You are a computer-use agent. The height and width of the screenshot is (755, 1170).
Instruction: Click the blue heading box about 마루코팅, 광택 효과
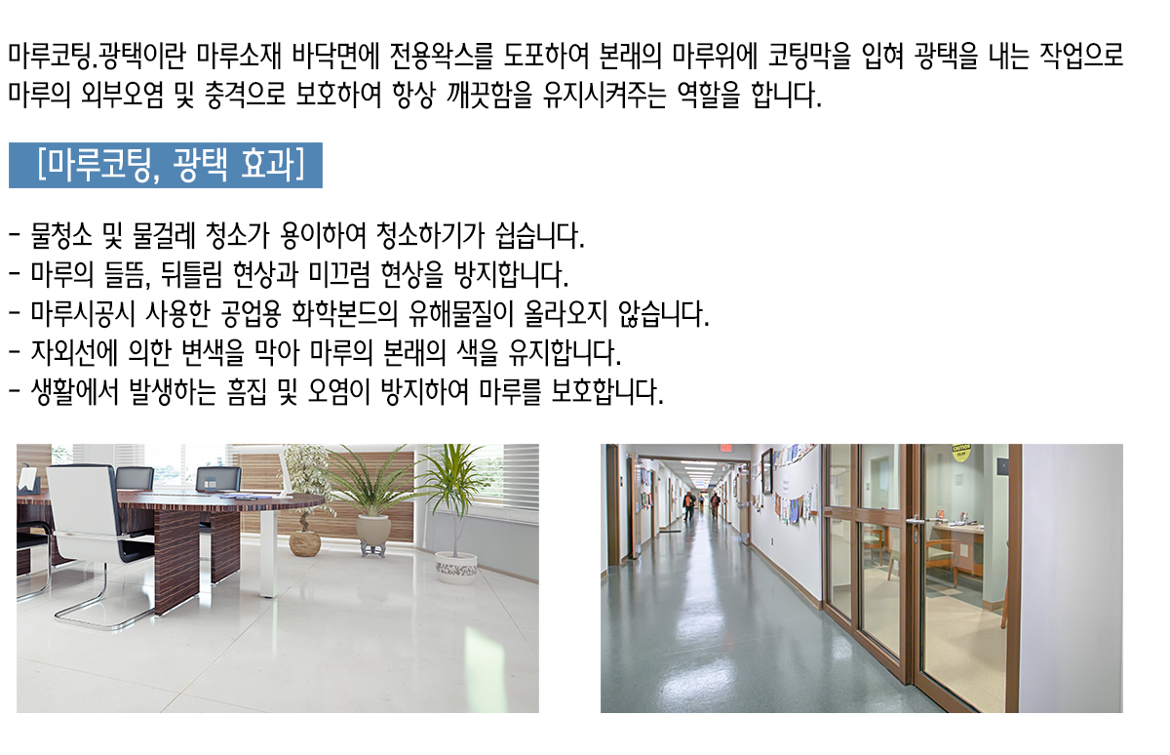[166, 165]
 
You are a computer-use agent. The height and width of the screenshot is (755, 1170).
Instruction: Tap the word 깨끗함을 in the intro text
[488, 95]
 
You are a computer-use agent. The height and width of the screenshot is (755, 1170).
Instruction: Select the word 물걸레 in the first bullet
[164, 236]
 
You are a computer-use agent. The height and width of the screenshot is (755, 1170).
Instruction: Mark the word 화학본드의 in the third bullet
[344, 314]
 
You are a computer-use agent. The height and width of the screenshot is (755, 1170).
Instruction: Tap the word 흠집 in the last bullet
[247, 392]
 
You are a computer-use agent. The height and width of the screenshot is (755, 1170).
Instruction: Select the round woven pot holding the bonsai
[304, 543]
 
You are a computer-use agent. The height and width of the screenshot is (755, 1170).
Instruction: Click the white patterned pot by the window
[456, 568]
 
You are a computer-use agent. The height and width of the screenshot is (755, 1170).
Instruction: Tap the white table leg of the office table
[268, 553]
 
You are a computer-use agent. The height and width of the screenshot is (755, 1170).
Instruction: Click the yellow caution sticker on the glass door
[961, 452]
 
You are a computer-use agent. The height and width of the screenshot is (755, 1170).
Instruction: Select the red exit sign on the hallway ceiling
[725, 448]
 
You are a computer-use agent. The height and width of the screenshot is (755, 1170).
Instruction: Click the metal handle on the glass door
[916, 521]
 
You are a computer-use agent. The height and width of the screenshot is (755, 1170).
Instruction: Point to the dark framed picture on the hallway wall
[766, 471]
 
